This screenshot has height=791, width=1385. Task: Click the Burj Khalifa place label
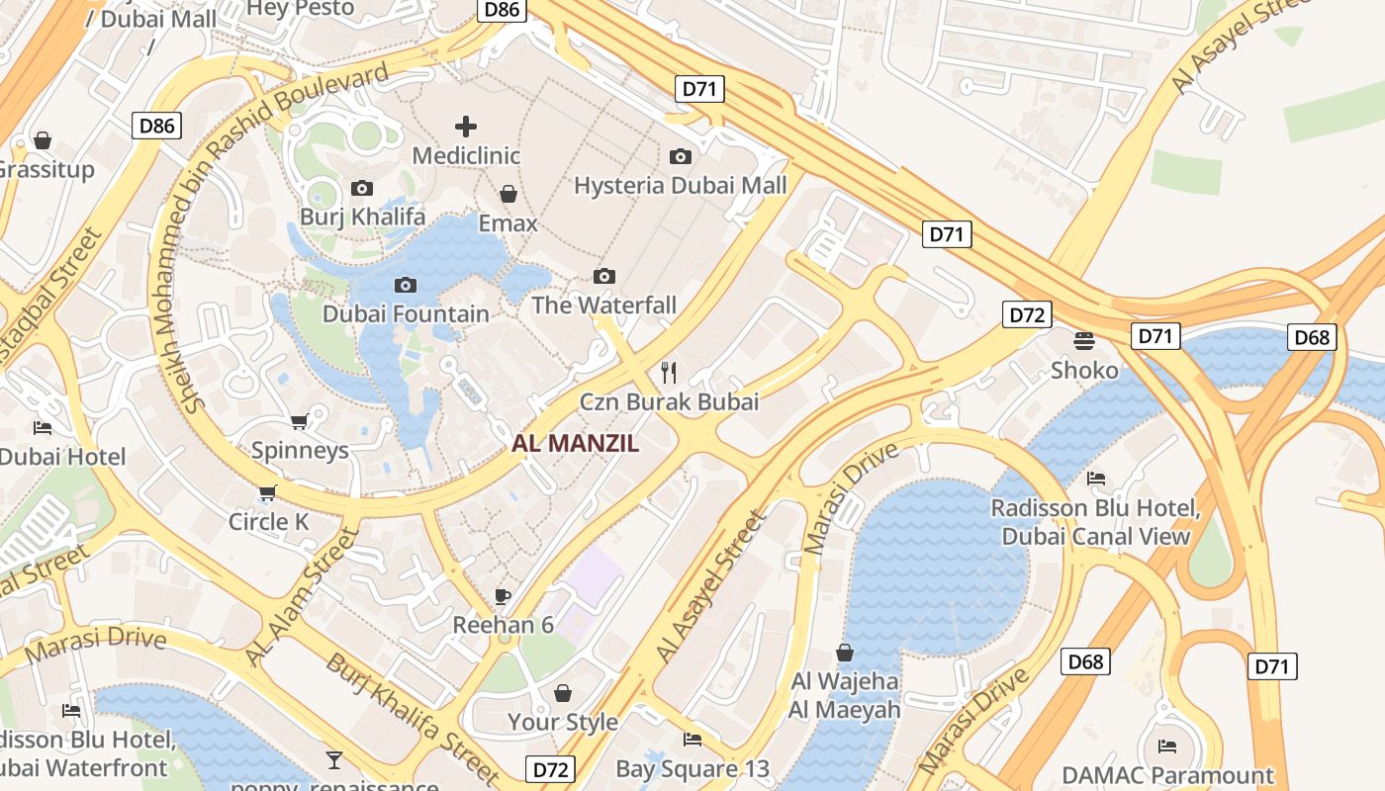pyautogui.click(x=362, y=217)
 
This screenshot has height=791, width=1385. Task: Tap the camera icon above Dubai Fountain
pyautogui.click(x=405, y=286)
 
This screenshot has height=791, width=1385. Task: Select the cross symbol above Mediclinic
pyautogui.click(x=466, y=127)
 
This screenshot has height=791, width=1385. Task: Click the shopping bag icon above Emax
pyautogui.click(x=508, y=194)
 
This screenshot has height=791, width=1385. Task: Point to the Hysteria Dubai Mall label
pyautogui.click(x=681, y=186)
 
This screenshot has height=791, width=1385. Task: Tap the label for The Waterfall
pyautogui.click(x=604, y=305)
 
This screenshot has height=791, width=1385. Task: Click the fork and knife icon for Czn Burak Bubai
pyautogui.click(x=670, y=373)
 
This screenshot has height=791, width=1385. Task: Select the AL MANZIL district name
pyautogui.click(x=575, y=444)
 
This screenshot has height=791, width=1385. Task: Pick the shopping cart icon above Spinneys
pyautogui.click(x=299, y=422)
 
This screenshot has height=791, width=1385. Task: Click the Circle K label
pyautogui.click(x=269, y=521)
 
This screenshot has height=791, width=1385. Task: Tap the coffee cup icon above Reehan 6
pyautogui.click(x=503, y=596)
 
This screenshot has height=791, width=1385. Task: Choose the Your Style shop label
pyautogui.click(x=563, y=723)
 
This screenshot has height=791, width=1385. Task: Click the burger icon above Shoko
pyautogui.click(x=1084, y=341)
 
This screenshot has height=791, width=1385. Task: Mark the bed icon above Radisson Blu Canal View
pyautogui.click(x=1096, y=479)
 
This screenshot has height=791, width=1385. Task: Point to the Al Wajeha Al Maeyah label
pyautogui.click(x=845, y=695)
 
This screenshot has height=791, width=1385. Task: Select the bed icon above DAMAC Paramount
pyautogui.click(x=1167, y=746)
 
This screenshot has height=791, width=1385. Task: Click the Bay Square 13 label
pyautogui.click(x=692, y=768)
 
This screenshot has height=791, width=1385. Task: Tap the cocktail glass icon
pyautogui.click(x=334, y=760)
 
